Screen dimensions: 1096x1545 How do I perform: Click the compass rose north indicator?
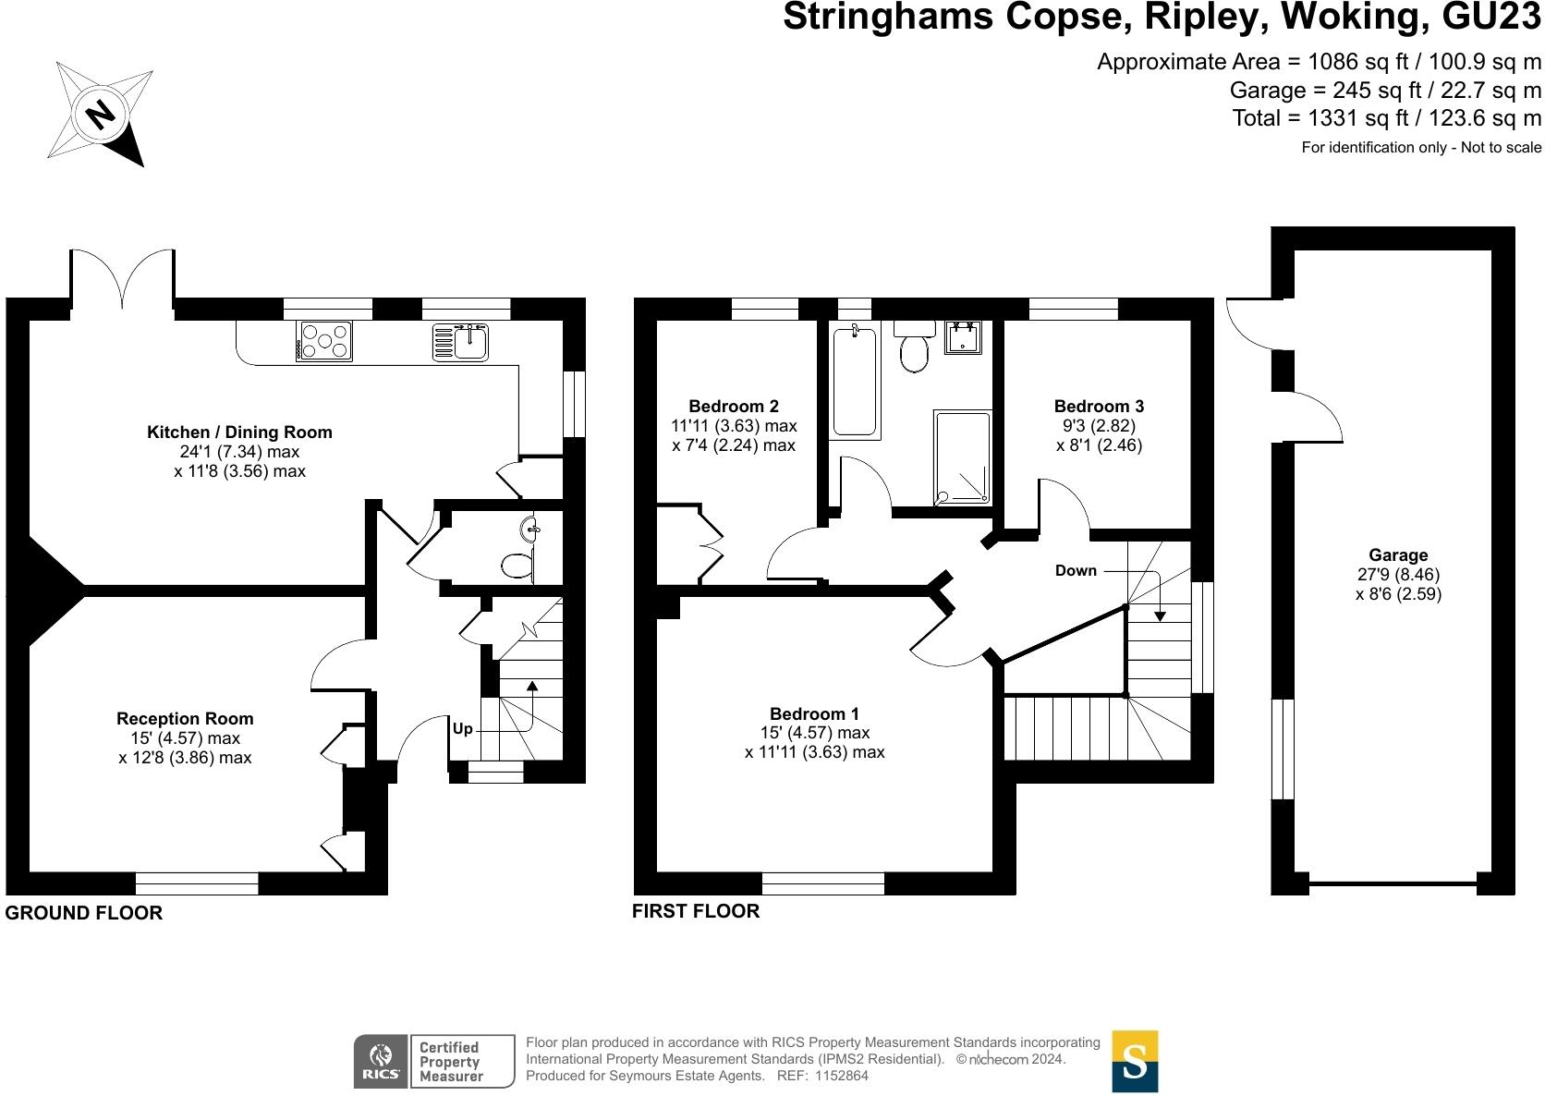99,115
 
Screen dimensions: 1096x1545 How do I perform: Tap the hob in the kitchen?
324,340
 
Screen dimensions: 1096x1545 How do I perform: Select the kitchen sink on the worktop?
461,341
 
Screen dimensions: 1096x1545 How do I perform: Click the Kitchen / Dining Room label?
239,432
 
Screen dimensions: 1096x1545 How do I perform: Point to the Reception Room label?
185,718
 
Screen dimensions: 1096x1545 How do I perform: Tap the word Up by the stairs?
462,728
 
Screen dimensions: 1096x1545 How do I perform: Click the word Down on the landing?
1076,570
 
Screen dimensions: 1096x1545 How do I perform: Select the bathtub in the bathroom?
855,381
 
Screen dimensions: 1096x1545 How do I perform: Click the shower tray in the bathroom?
963,457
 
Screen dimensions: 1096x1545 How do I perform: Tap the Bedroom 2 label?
734,406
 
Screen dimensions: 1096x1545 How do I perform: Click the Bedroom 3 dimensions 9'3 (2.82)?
1099,425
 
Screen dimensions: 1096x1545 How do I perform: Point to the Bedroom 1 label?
814,713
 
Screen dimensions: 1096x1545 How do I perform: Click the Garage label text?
1398,554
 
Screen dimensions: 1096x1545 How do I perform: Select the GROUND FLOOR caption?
83,913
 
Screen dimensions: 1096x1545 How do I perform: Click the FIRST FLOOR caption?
696,911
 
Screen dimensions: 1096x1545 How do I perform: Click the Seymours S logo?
1134,1061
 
